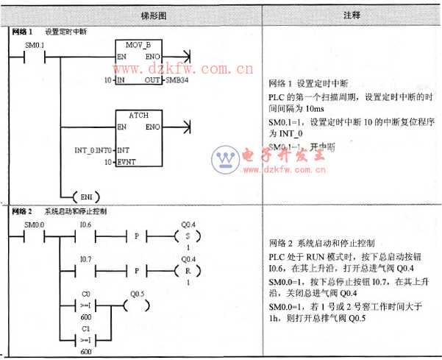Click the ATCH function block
(x=139, y=138)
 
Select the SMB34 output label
(x=177, y=80)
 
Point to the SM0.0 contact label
(x=35, y=223)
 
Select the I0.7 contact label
(x=86, y=258)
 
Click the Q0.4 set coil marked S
(x=188, y=236)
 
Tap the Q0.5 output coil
(x=138, y=306)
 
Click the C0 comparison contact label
(x=85, y=293)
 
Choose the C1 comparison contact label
(x=85, y=328)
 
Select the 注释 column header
(x=352, y=15)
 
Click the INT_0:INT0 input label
(x=93, y=150)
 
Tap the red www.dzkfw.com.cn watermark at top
(x=187, y=70)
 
